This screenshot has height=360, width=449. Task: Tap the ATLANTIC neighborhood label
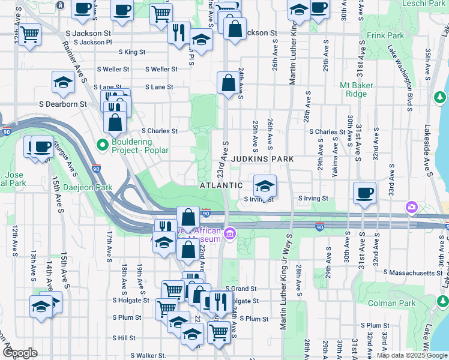[221, 186]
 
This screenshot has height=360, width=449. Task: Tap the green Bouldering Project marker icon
[101, 145]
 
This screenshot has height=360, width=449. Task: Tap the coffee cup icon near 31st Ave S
[364, 193]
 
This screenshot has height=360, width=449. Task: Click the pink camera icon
[411, 207]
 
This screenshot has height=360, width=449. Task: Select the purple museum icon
[229, 233]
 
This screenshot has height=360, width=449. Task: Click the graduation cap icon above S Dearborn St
[62, 83]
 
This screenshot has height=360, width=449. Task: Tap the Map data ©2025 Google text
[412, 355]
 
